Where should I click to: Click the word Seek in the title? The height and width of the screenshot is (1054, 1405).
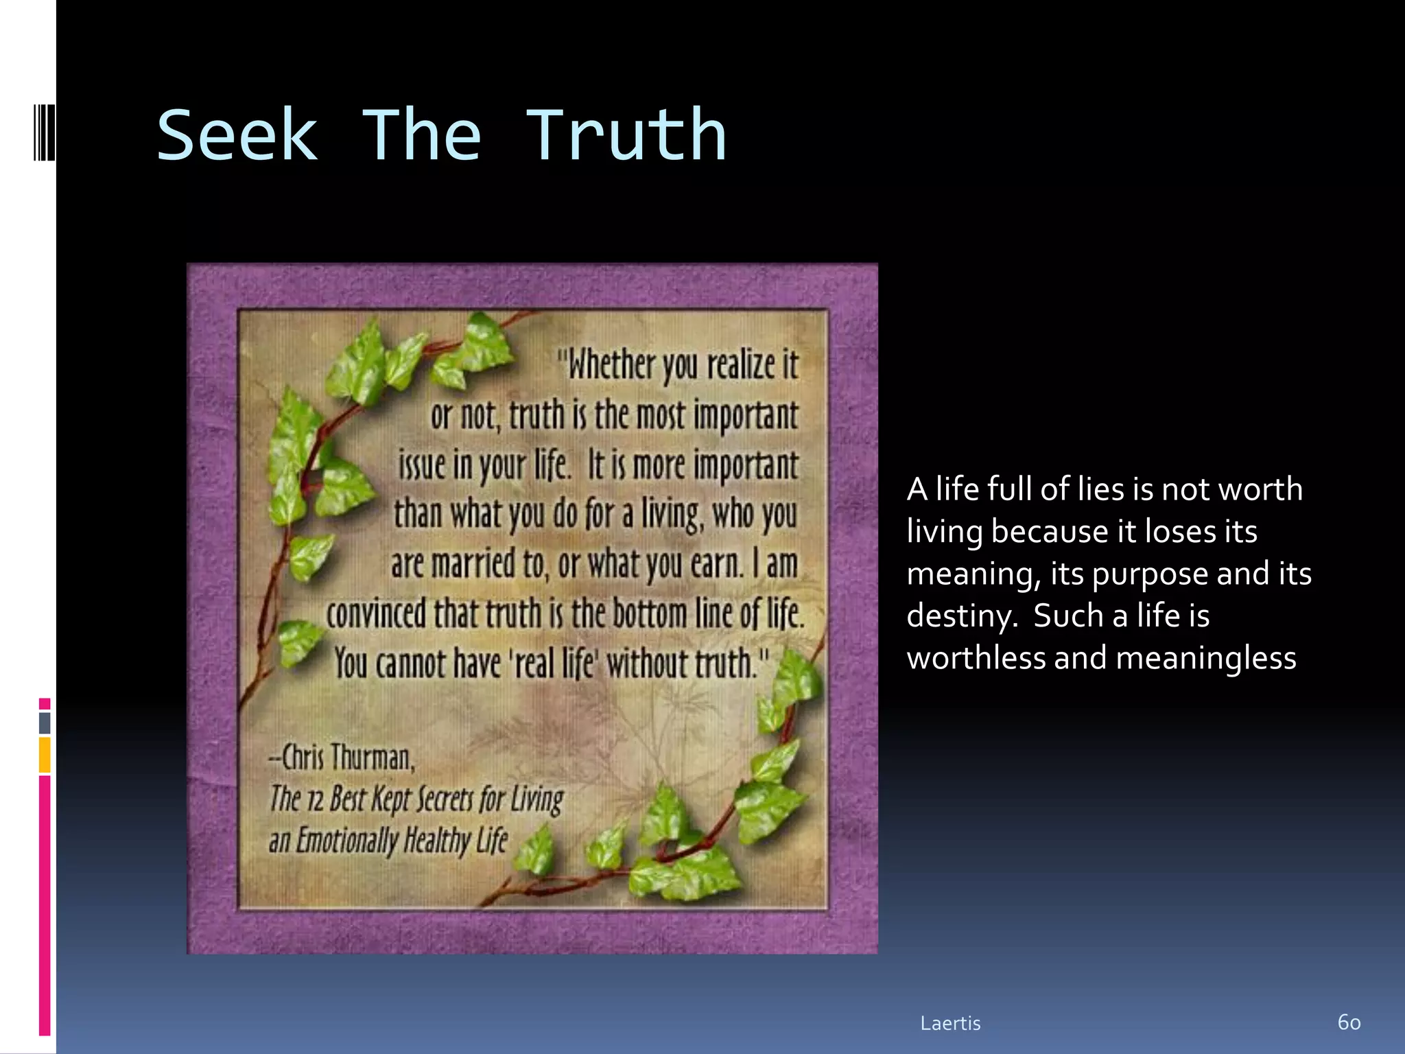[x=237, y=136]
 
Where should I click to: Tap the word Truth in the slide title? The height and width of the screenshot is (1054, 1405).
[x=626, y=136]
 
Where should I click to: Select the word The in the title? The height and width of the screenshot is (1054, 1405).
[x=421, y=136]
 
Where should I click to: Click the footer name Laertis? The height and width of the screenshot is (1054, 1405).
[x=950, y=1023]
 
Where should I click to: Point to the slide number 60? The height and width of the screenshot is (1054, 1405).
[x=1349, y=1022]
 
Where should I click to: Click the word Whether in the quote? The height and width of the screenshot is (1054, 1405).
[x=611, y=364]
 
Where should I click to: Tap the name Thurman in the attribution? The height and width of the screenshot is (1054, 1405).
[x=373, y=758]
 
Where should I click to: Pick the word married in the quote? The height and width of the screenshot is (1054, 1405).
[x=473, y=564]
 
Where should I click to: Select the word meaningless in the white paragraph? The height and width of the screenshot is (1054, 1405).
[x=1206, y=658]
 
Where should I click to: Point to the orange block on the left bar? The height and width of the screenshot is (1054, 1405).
[x=45, y=755]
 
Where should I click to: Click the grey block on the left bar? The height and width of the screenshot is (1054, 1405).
[x=45, y=723]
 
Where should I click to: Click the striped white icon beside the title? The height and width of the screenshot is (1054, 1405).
[x=45, y=132]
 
